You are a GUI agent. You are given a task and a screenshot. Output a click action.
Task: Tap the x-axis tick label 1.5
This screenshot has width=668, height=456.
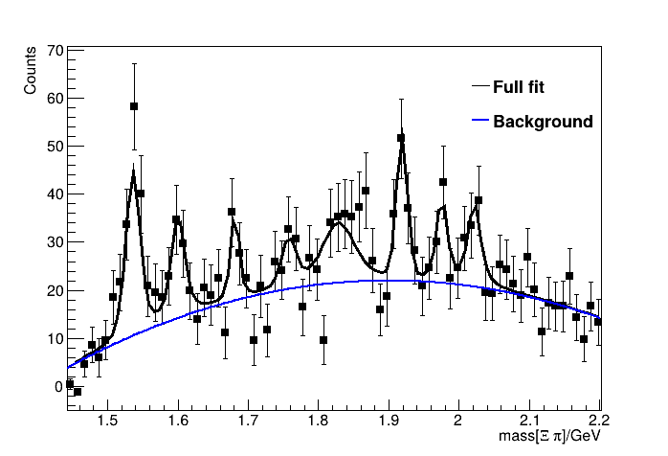click(107, 419)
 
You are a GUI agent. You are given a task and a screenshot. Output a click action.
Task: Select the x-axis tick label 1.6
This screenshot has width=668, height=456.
click(178, 419)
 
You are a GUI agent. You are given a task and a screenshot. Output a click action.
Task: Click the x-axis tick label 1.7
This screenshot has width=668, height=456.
click(248, 419)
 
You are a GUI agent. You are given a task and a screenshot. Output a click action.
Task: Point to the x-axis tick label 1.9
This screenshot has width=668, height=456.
click(389, 419)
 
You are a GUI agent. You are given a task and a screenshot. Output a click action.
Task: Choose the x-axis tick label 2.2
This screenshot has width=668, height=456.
click(599, 419)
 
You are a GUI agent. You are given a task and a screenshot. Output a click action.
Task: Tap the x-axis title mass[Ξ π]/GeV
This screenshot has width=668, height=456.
click(548, 437)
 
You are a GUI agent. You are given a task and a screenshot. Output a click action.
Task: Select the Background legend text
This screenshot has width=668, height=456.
click(543, 122)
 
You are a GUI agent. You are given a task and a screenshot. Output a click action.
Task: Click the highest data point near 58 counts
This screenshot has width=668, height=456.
click(134, 106)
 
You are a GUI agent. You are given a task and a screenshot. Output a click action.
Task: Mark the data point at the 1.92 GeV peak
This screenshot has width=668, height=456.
click(401, 138)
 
